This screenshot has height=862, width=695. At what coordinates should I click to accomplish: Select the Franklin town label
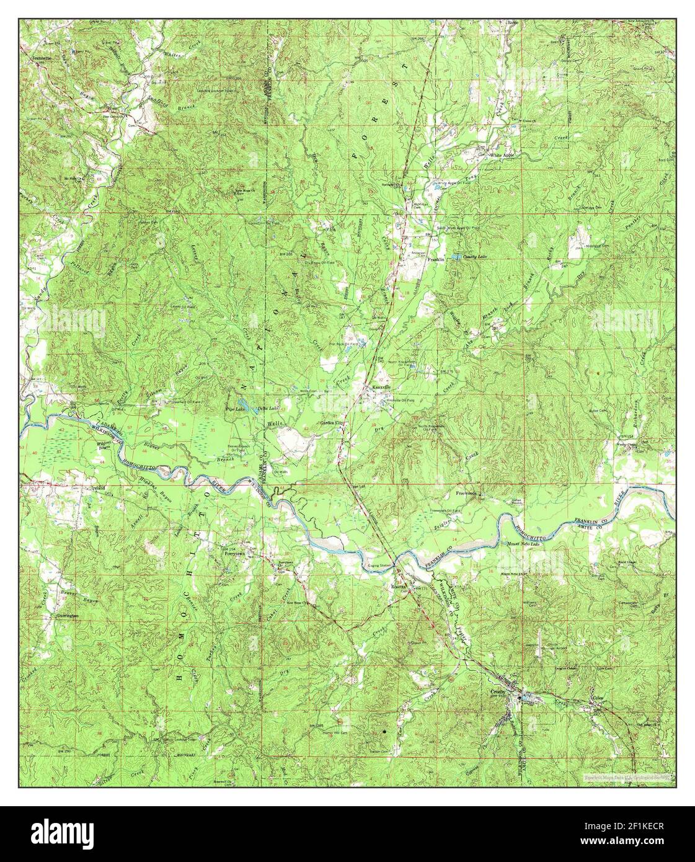[x=436, y=260]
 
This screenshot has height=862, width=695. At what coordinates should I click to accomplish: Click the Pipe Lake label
[x=234, y=409]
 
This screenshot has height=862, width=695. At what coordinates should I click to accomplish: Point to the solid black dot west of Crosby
[x=384, y=732]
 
